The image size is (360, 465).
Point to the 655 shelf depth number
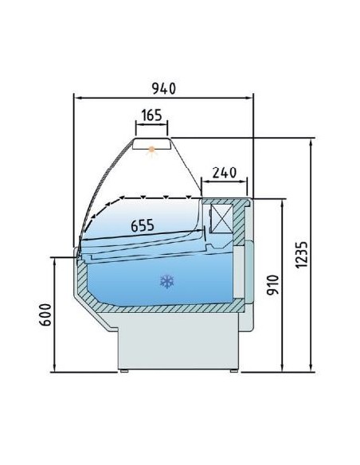point(143,226)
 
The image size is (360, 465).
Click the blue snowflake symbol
point(166,280)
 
